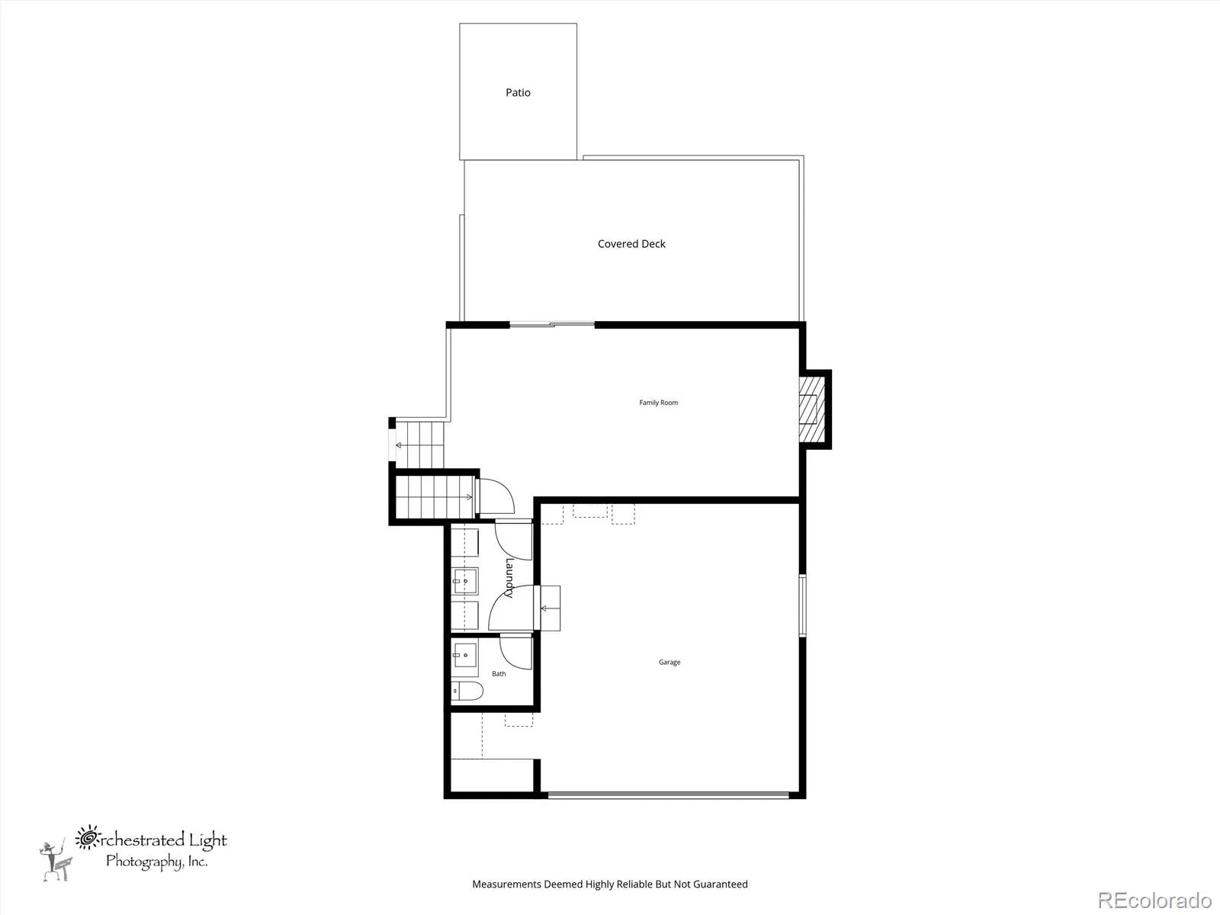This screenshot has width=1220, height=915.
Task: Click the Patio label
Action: tap(518, 93)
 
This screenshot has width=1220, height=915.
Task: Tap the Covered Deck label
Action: tap(631, 244)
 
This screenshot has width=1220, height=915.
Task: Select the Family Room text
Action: tap(659, 403)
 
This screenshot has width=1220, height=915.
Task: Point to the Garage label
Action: tap(669, 662)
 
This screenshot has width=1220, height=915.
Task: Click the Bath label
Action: tap(499, 673)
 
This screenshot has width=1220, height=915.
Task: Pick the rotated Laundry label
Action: tap(509, 578)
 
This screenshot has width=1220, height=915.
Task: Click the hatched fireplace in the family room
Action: tap(812, 409)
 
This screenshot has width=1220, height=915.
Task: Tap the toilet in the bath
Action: tap(467, 691)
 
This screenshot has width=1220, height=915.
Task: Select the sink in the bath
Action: tap(464, 655)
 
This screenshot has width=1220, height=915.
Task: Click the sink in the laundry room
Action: tap(464, 581)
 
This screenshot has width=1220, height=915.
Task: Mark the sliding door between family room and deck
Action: tap(553, 325)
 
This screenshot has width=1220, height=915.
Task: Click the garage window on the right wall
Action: tap(803, 605)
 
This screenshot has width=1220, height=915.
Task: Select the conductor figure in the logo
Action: tap(56, 859)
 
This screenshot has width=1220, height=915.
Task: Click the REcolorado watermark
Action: tap(1155, 900)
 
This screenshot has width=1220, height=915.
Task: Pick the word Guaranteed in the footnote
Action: tap(721, 884)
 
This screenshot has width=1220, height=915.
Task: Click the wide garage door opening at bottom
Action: tap(669, 795)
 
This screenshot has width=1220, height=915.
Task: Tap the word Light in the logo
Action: tap(208, 840)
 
